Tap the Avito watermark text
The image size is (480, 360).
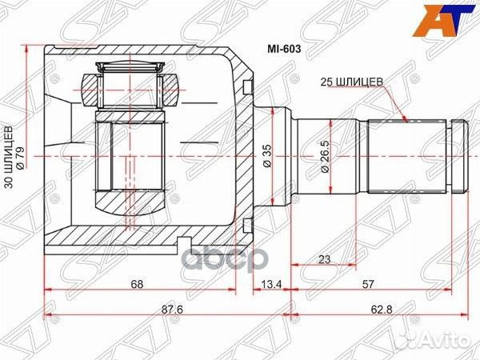tap(445, 342)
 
